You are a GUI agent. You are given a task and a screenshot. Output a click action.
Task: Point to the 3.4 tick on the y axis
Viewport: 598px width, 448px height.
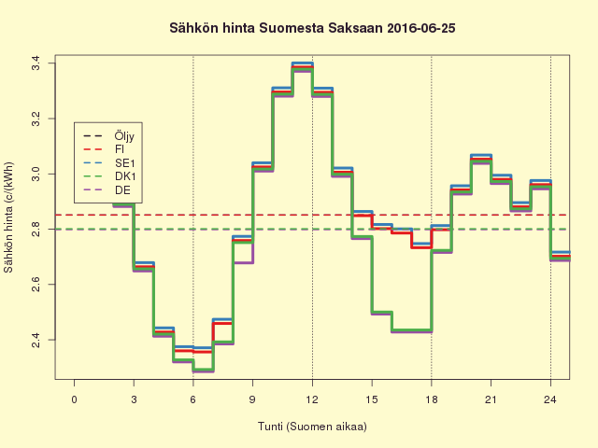click(35, 63)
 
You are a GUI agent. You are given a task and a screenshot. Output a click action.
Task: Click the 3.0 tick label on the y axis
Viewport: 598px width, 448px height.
click(35, 174)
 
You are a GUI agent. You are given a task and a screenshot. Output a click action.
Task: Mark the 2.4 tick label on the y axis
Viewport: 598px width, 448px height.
click(35, 339)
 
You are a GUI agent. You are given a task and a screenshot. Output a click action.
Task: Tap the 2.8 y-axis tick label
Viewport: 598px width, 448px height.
click(35, 229)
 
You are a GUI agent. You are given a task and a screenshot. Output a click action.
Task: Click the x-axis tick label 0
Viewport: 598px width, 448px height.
click(75, 400)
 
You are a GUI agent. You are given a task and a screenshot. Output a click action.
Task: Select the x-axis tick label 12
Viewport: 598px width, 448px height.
click(312, 400)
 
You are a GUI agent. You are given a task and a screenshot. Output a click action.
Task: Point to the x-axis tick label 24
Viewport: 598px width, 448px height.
click(550, 400)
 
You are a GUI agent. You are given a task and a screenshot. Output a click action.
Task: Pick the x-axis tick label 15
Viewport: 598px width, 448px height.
click(372, 400)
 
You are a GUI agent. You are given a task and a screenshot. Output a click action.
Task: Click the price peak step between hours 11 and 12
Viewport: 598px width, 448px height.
click(302, 66)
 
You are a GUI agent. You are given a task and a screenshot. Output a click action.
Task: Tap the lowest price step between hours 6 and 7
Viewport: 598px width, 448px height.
click(203, 370)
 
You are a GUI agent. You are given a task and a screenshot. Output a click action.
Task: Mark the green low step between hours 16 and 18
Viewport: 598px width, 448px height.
click(411, 330)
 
